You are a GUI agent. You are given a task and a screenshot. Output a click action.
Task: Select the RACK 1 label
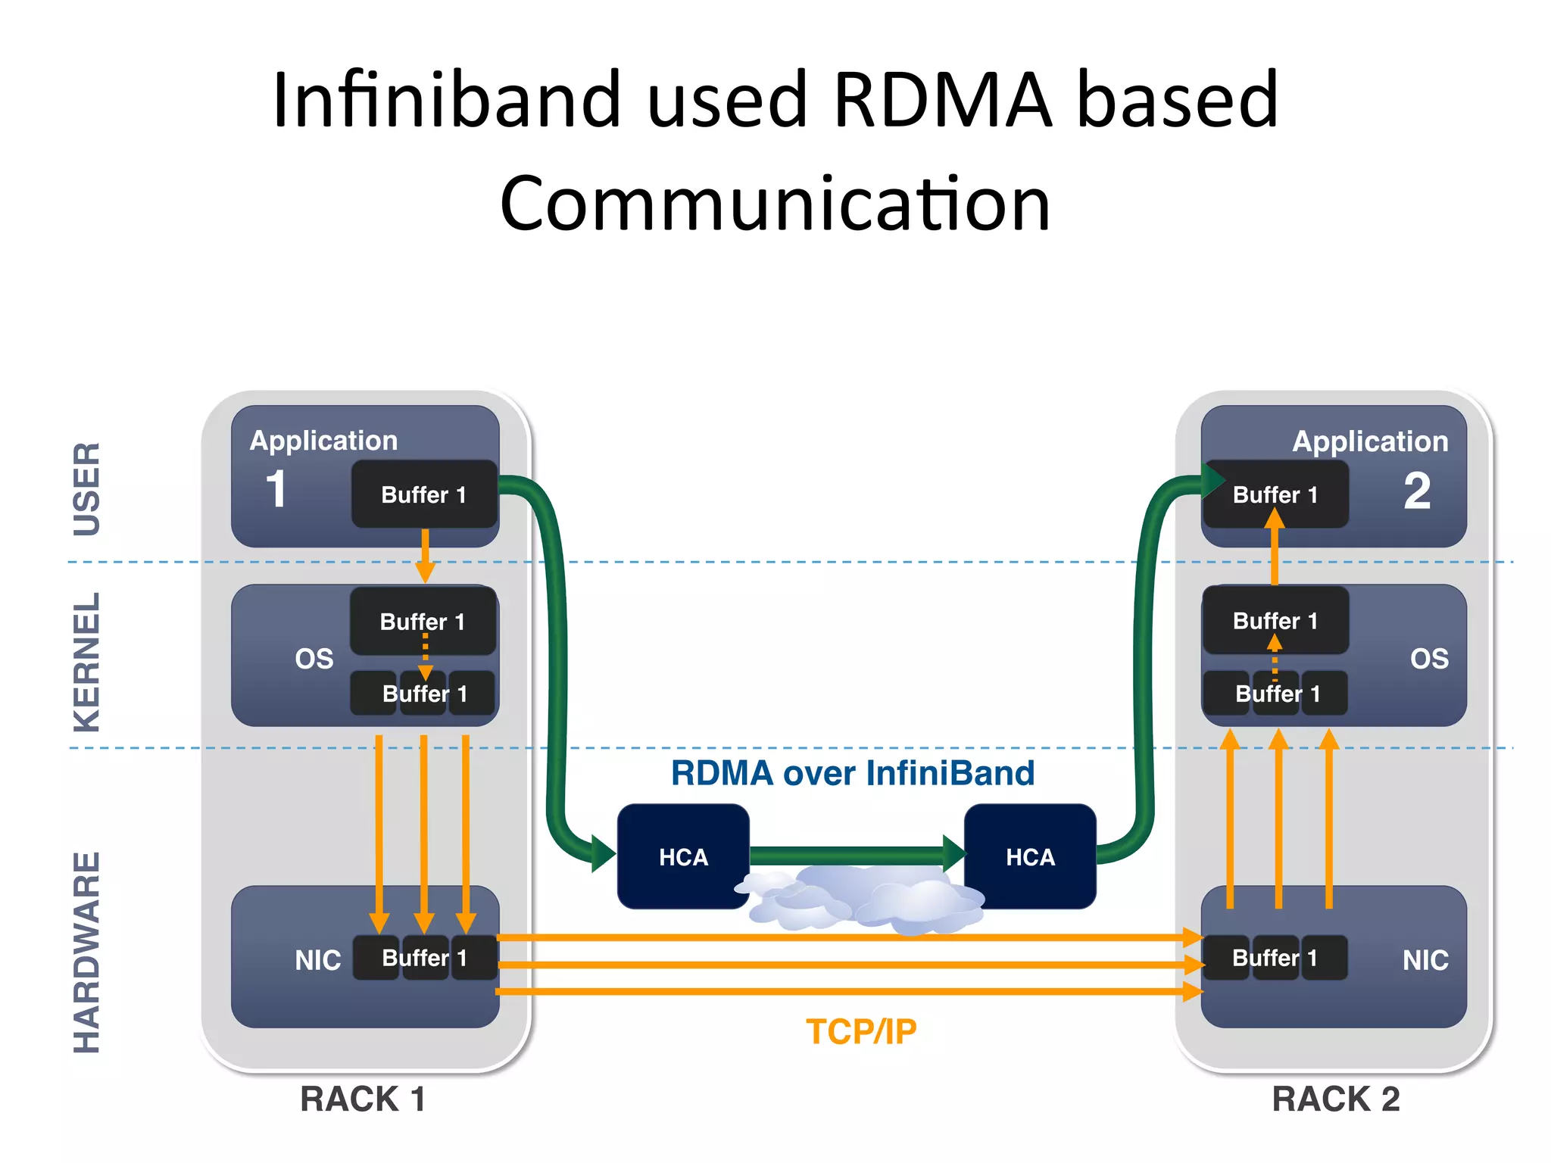click(363, 1099)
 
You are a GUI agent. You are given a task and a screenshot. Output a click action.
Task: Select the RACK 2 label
click(1336, 1099)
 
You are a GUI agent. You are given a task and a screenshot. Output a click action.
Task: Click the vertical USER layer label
click(86, 489)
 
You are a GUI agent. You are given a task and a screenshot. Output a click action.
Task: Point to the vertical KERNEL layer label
click(86, 663)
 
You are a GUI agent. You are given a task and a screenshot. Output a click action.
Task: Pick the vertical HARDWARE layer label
click(86, 953)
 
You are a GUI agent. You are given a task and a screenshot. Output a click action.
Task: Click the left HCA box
click(683, 857)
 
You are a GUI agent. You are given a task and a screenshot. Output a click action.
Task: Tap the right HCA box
click(1030, 857)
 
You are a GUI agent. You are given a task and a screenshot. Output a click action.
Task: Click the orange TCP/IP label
click(861, 1032)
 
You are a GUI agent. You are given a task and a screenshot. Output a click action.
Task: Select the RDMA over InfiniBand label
click(853, 773)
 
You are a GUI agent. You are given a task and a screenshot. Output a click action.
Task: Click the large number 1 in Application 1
click(276, 489)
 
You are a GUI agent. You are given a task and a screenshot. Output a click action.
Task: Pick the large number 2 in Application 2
click(1417, 491)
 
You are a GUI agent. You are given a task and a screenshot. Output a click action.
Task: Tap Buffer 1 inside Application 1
click(424, 494)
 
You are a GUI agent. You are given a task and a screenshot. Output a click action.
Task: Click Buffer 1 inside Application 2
click(1275, 494)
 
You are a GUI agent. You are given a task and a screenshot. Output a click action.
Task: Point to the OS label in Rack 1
click(314, 659)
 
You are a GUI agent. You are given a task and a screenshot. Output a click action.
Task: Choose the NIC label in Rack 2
click(1425, 960)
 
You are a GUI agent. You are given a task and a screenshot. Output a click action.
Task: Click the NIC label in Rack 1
click(318, 960)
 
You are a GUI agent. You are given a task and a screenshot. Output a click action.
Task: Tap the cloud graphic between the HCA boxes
click(863, 901)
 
